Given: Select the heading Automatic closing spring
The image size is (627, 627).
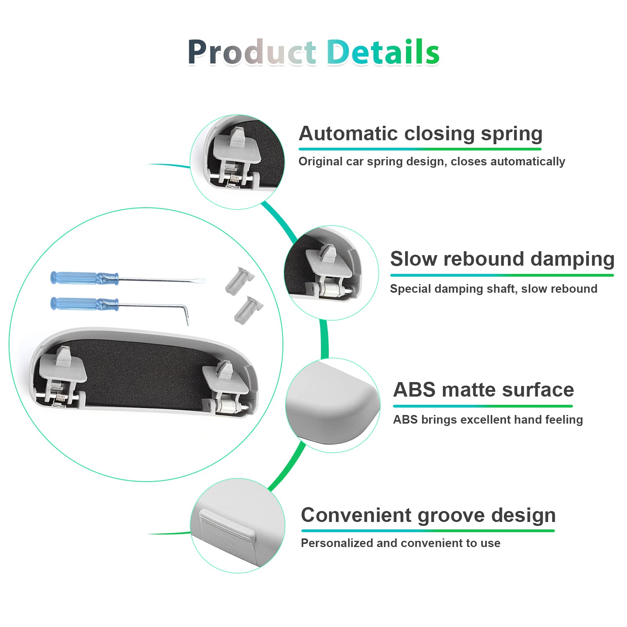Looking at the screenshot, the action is pyautogui.click(x=420, y=134).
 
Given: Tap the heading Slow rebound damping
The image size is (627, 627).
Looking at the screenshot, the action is pyautogui.click(x=502, y=259).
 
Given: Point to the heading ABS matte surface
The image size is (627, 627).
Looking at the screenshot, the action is pyautogui.click(x=484, y=390).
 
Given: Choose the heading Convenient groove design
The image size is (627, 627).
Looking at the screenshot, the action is pyautogui.click(x=428, y=516).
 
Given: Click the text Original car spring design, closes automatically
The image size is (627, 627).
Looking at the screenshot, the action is pyautogui.click(x=431, y=161).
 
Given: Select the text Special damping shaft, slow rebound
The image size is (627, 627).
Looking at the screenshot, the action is pyautogui.click(x=494, y=289).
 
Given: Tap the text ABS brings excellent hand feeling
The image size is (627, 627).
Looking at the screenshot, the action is pyautogui.click(x=488, y=420).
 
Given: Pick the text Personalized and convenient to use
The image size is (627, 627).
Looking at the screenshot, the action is pyautogui.click(x=400, y=543).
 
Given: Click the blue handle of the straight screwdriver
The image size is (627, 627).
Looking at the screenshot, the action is pyautogui.click(x=84, y=278).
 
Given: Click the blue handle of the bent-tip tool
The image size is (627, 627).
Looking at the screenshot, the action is pyautogui.click(x=84, y=304).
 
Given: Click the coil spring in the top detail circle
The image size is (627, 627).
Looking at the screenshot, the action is pyautogui.click(x=234, y=178).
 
